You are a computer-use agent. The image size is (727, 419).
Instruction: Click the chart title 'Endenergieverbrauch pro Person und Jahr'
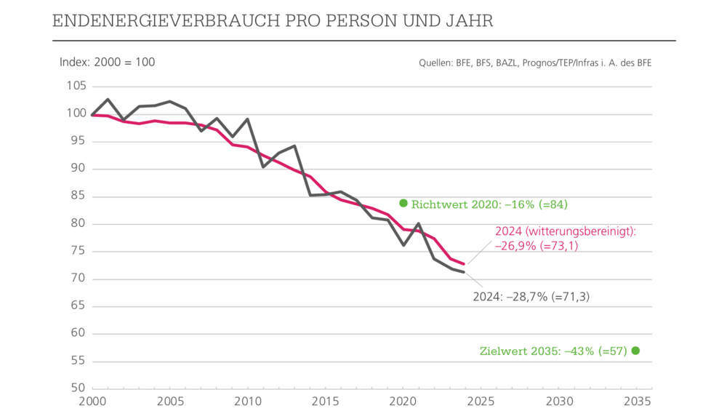[x=273, y=20]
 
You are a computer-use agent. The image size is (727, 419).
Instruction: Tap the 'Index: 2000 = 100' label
[x=107, y=62]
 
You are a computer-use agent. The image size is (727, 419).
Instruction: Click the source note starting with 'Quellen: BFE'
[x=535, y=63]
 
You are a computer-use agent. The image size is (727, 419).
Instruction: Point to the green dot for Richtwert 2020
[x=403, y=203]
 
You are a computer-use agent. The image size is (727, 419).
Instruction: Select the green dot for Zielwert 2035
[x=635, y=351]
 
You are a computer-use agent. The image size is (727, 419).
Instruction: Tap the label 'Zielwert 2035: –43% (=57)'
[x=553, y=351]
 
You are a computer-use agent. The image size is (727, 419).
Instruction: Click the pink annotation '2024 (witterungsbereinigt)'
[x=566, y=231]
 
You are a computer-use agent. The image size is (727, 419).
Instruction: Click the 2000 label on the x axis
[x=92, y=402]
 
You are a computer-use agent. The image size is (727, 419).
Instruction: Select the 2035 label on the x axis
[x=637, y=402]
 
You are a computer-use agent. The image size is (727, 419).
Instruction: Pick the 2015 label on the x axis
[x=326, y=402]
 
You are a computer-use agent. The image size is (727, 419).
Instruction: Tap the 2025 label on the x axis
[x=481, y=402]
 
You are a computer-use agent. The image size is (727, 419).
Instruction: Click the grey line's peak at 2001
[x=108, y=100]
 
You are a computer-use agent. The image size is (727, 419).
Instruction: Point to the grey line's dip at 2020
[x=403, y=245]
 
